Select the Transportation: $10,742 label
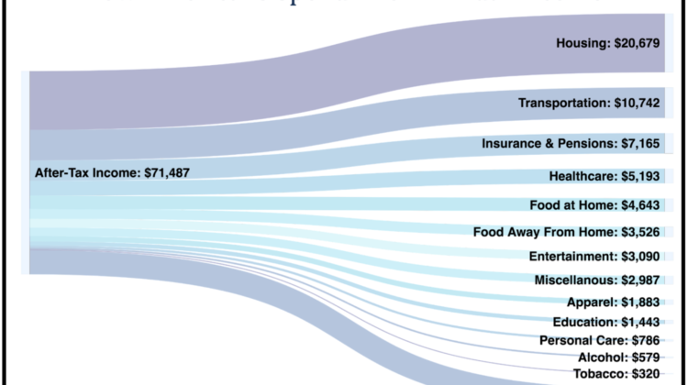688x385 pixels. tap(589, 104)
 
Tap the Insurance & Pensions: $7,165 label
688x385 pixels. tap(571, 145)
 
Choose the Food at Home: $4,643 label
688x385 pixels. tap(594, 204)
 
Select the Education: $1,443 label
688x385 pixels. tap(606, 322)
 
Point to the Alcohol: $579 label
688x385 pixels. tap(619, 357)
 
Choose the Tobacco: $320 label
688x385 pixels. tap(616, 374)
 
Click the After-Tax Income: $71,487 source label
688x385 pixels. tap(112, 172)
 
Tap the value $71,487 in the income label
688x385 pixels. tap(167, 172)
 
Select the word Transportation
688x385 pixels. tap(564, 104)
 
